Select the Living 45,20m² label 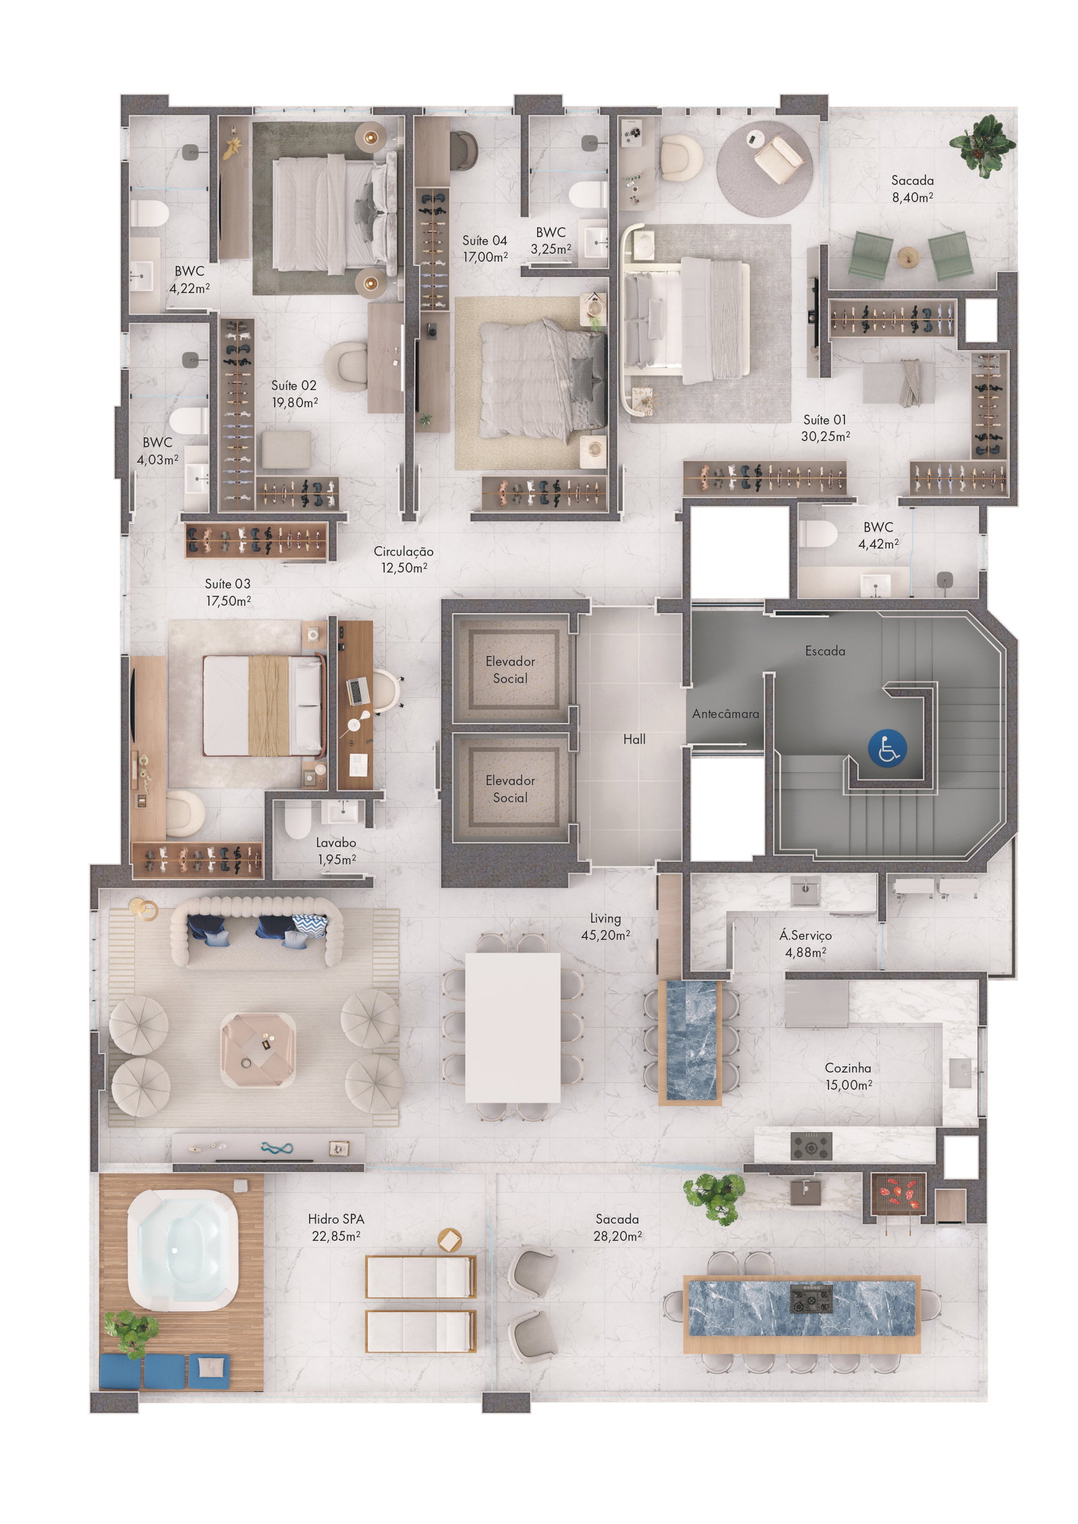(605, 926)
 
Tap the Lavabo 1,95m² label (336, 851)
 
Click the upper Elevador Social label (510, 669)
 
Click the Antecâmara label (725, 714)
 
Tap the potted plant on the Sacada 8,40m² (982, 145)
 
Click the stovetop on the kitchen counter (811, 1145)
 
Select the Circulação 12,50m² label (403, 559)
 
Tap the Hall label (634, 739)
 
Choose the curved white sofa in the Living (256, 931)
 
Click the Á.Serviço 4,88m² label (805, 943)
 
